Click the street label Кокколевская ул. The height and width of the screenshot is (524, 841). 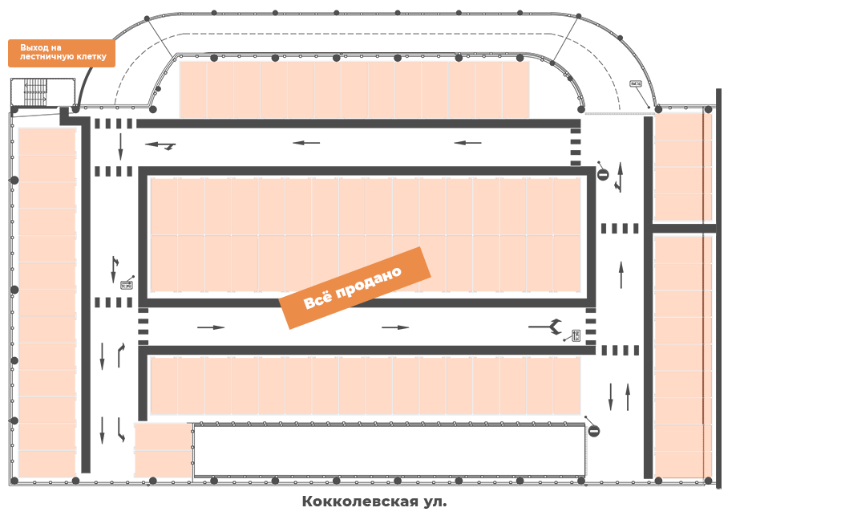pos(374,502)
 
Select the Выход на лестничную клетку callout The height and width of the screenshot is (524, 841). pos(63,53)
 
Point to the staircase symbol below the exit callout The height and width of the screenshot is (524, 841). pos(35,92)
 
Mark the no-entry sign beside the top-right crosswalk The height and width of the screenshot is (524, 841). pos(603,174)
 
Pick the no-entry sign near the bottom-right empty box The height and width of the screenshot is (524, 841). pos(594,431)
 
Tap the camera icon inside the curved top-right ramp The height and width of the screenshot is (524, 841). pos(636,84)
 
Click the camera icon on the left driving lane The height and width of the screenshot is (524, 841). pos(127,283)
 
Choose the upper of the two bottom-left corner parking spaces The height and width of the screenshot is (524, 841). pos(163,437)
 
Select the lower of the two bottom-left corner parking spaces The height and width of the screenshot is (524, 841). pos(163,463)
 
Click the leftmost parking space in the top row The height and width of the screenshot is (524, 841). pos(193,90)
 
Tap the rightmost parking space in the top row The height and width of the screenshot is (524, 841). pos(516,90)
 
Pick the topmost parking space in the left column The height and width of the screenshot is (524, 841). pos(47,142)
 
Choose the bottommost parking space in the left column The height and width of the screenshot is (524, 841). pos(47,464)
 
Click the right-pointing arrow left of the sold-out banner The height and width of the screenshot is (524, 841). pos(211,327)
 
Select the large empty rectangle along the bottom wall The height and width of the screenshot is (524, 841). pos(390,450)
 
